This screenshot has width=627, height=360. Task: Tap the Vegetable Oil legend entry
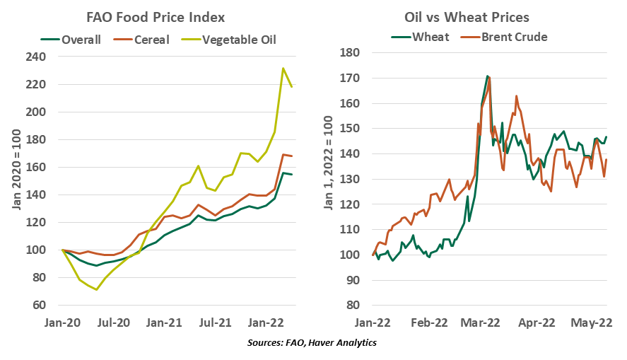point(238,39)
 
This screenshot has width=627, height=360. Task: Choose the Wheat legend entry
point(430,36)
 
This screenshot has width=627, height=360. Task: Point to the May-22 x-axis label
point(591,323)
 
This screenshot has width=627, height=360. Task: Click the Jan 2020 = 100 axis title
point(16,180)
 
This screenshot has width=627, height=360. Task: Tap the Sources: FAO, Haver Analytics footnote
point(313,343)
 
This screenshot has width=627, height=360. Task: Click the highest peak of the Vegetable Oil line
point(283,69)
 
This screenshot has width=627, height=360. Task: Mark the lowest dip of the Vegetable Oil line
point(97,289)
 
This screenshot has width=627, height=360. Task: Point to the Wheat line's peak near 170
point(487,76)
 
